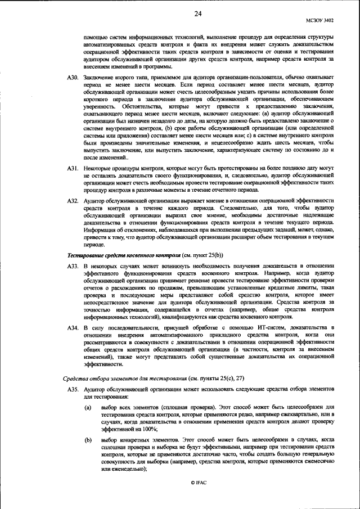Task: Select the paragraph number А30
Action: click(71, 76)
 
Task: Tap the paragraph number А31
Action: click(71, 168)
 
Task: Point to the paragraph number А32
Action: click(71, 200)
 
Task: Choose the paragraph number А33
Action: click(71, 265)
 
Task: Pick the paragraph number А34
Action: click(71, 327)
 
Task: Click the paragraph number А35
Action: click(71, 389)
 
